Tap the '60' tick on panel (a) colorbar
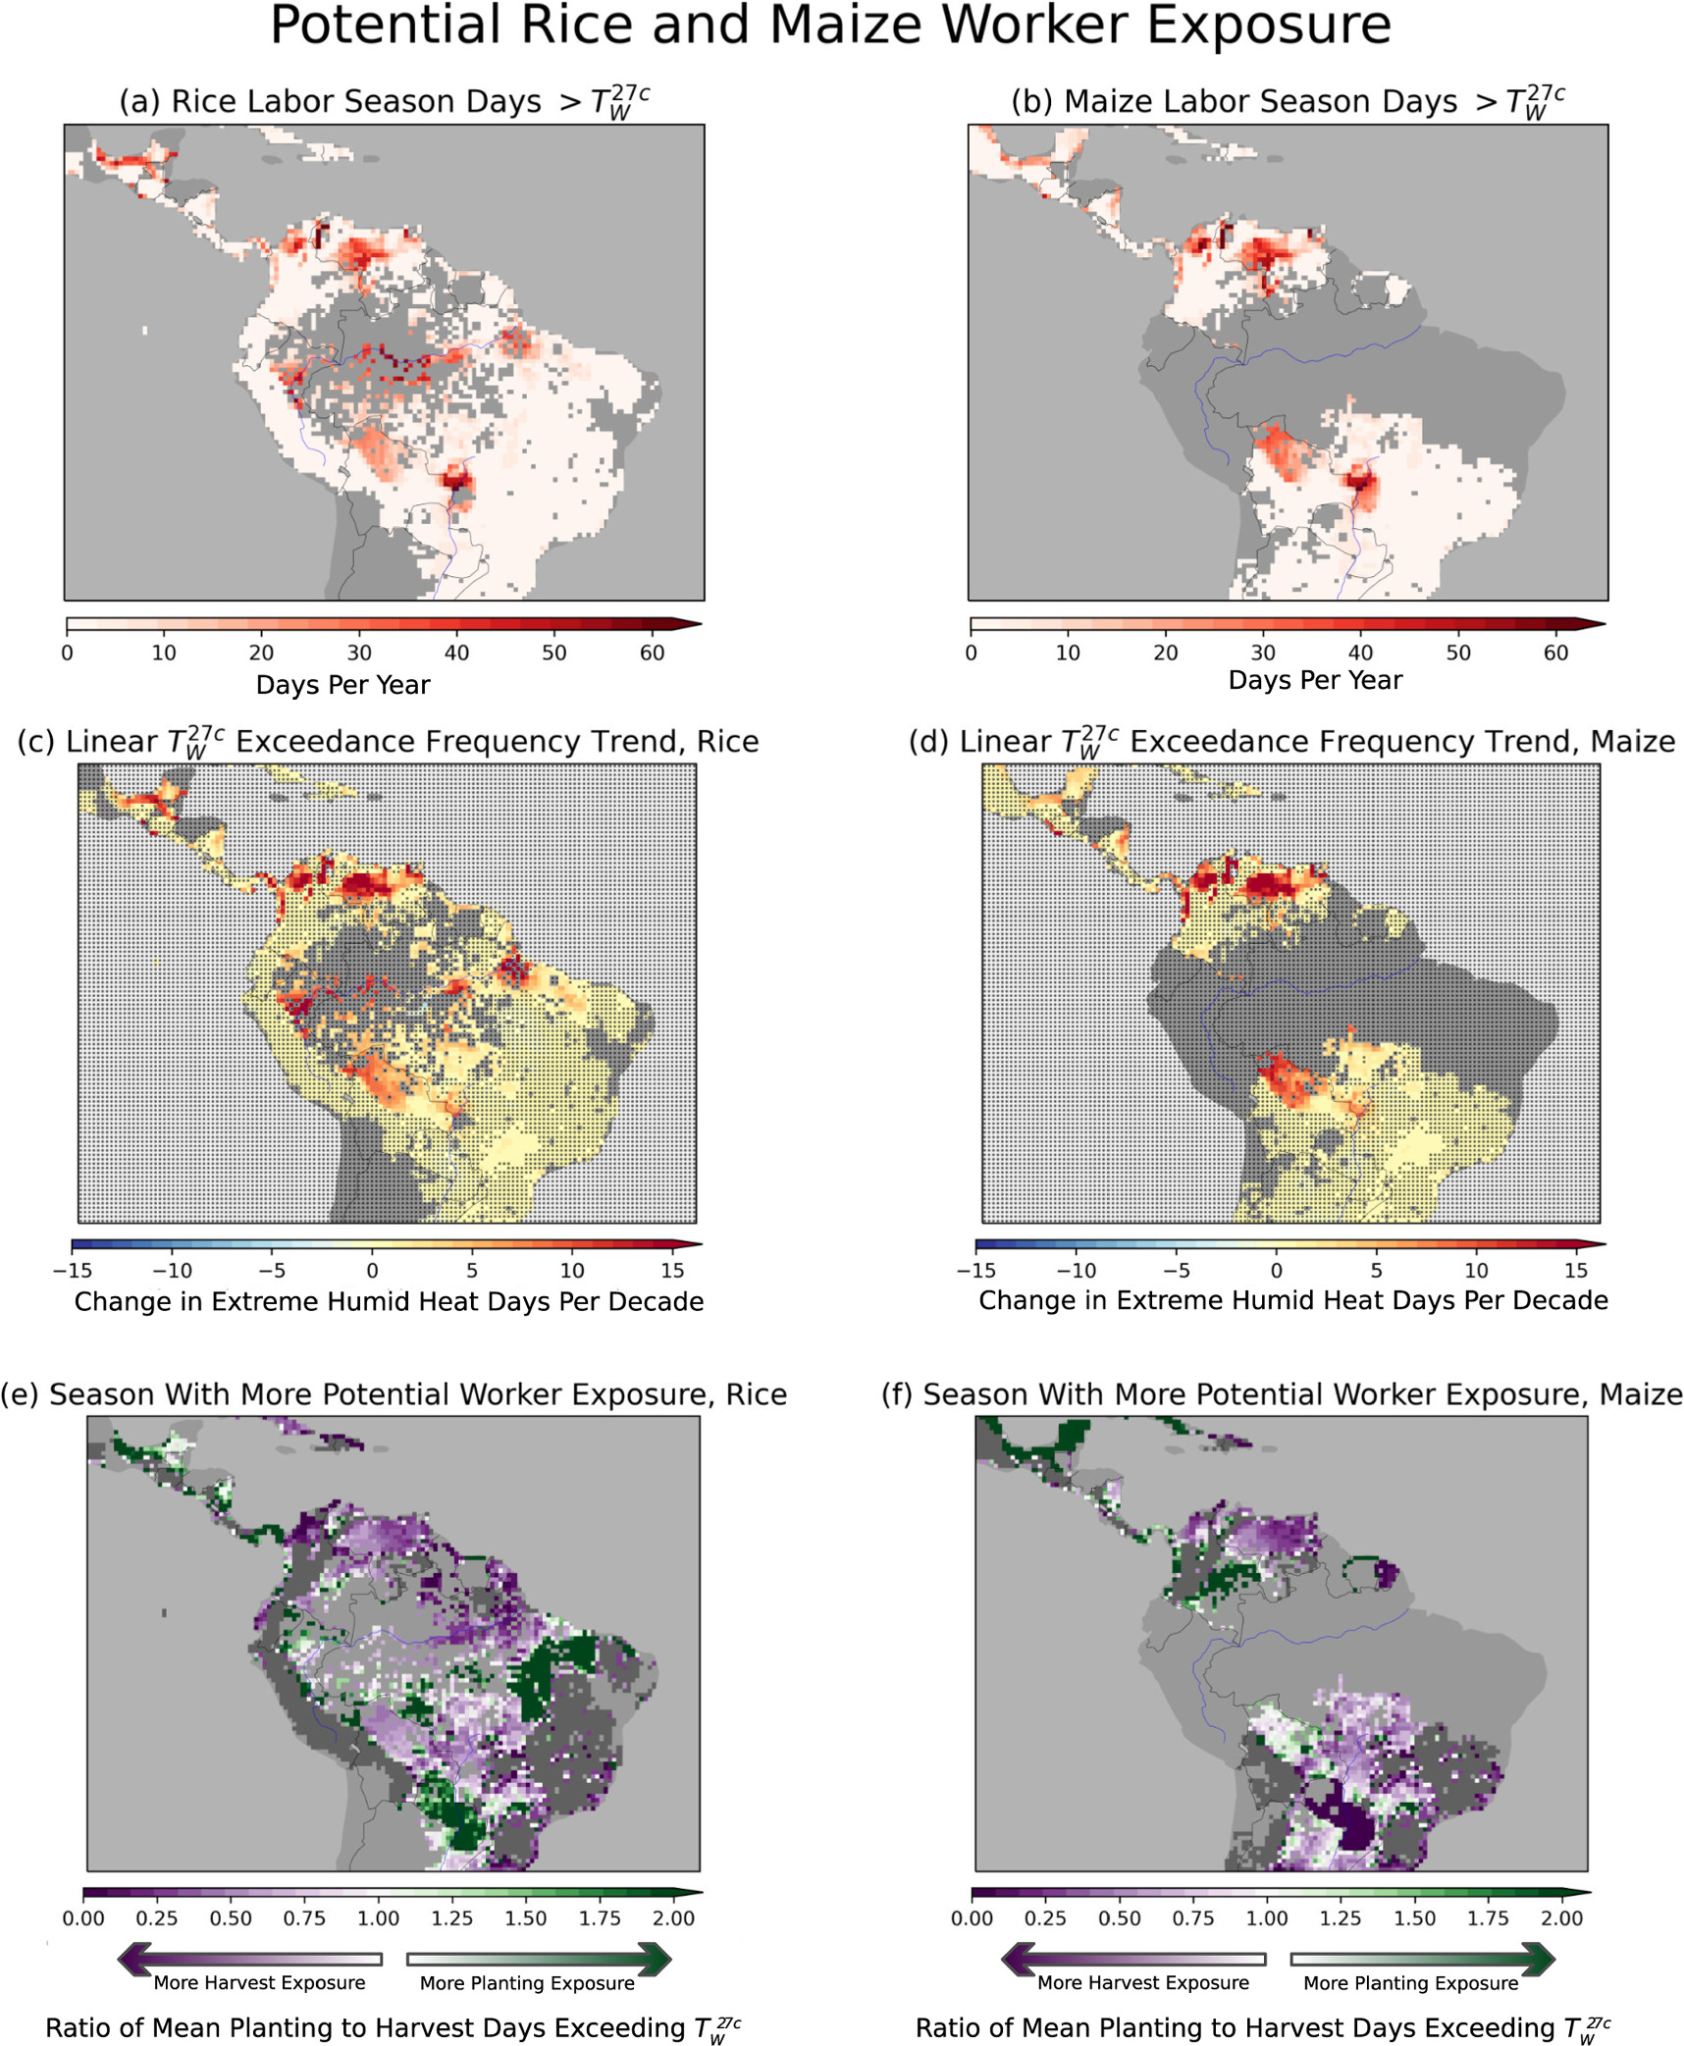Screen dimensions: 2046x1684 point(652,654)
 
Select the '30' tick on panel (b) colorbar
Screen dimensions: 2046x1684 point(1262,654)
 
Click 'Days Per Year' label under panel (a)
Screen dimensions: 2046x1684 point(342,685)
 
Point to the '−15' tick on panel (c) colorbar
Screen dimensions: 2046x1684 point(72,1271)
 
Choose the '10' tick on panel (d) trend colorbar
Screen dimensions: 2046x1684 point(1475,1271)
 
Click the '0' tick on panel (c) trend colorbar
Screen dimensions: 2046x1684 point(372,1271)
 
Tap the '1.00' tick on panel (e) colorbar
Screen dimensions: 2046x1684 point(378,1918)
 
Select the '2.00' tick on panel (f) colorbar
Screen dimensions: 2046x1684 point(1561,1918)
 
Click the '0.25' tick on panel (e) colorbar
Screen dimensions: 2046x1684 point(156,1918)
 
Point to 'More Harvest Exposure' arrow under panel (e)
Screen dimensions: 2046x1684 point(249,1960)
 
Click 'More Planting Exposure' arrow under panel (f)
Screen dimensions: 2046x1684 point(1422,1960)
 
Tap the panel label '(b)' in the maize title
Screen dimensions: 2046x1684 point(1032,102)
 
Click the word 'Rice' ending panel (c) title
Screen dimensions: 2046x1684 point(727,742)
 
